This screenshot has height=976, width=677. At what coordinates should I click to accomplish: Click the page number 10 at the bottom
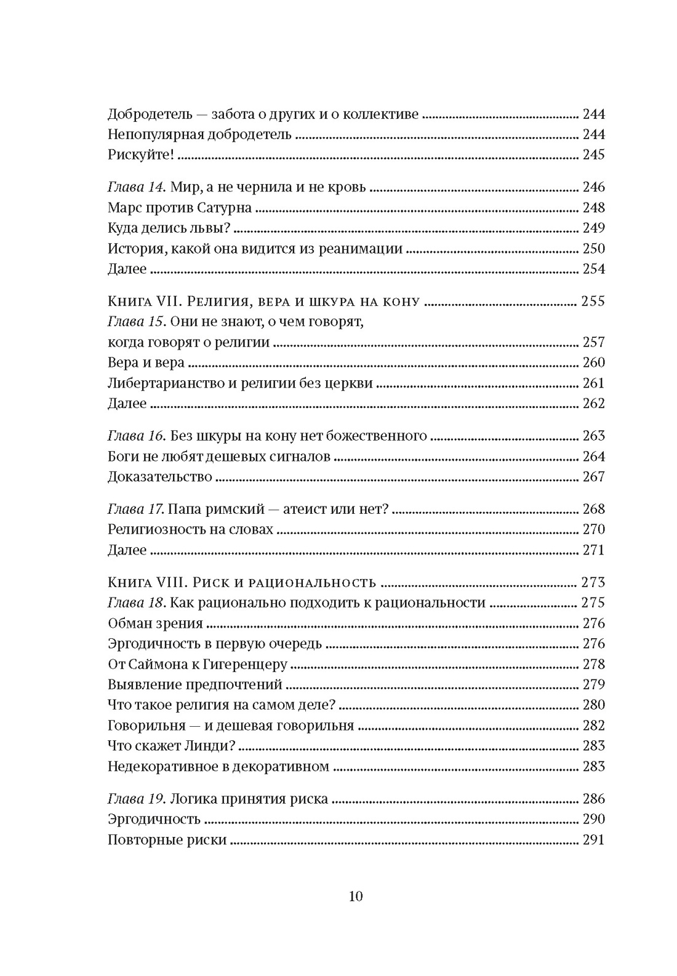[x=356, y=896]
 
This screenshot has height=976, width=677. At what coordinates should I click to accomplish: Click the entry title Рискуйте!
[x=141, y=154]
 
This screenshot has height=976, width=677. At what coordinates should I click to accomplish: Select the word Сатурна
[x=225, y=207]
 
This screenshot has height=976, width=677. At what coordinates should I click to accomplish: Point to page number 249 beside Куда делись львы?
[x=593, y=228]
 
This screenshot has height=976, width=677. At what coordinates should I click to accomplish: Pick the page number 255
[x=593, y=302]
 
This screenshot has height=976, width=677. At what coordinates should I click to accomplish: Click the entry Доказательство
[x=159, y=476]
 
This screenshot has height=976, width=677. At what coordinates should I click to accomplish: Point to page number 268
[x=593, y=509]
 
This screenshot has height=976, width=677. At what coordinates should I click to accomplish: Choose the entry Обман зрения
[x=155, y=623]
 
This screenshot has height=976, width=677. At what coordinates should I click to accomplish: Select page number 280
[x=593, y=705]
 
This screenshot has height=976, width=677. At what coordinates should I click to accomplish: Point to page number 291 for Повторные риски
[x=593, y=839]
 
